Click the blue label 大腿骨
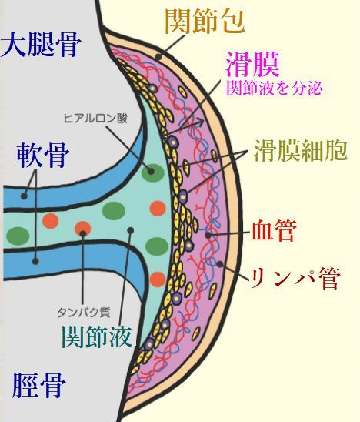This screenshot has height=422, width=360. [x=40, y=45]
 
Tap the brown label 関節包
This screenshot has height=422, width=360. [x=205, y=22]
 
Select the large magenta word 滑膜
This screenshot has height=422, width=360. [x=252, y=65]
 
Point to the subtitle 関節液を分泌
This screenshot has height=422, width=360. [x=274, y=88]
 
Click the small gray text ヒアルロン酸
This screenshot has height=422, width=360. [x=95, y=118]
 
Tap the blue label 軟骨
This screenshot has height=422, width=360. [x=43, y=156]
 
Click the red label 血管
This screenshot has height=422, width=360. [x=273, y=231]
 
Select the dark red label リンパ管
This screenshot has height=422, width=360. [x=295, y=278]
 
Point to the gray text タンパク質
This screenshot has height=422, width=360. [x=84, y=312]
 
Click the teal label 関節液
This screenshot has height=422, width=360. [x=97, y=337]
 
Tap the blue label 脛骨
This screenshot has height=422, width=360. [x=39, y=385]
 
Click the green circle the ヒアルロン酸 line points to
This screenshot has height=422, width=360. [x=153, y=172]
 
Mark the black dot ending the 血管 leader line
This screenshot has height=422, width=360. [x=208, y=235]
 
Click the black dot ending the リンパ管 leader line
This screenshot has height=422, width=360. [x=220, y=264]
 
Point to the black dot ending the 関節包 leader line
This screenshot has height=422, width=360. [x=158, y=57]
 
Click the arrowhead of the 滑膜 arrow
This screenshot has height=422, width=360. [x=199, y=121]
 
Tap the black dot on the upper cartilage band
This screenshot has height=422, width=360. [x=24, y=196]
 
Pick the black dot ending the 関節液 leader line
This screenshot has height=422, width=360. [x=131, y=230]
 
